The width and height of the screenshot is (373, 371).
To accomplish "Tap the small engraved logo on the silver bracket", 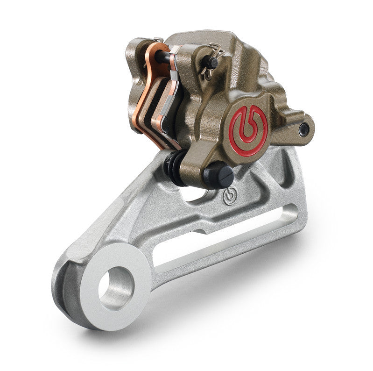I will tap(229, 195).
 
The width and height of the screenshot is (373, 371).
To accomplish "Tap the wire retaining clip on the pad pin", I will tap(211, 60).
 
